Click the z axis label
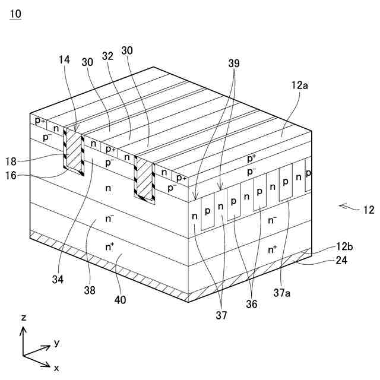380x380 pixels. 24,318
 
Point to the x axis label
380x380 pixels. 56,368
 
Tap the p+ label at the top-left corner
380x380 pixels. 40,121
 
